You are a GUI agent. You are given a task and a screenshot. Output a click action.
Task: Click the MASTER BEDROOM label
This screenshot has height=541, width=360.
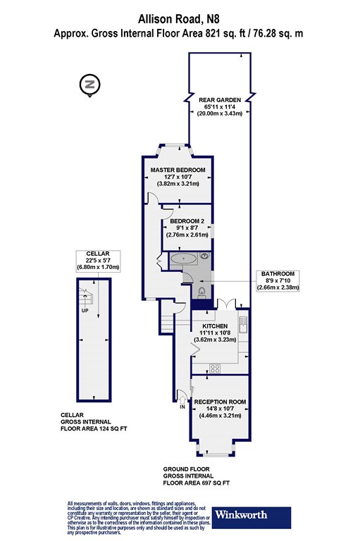[x=178, y=170]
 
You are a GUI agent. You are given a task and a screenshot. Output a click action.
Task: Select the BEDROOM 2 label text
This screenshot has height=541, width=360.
[x=187, y=220]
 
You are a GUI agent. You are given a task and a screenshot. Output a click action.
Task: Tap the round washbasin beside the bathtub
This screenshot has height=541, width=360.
[x=206, y=258]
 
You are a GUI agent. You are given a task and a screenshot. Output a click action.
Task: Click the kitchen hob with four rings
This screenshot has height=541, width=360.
[x=215, y=367]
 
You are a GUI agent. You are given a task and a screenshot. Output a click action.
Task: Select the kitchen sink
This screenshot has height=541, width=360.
[x=242, y=325]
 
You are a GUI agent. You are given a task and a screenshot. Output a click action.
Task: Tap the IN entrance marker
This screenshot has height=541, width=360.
[x=182, y=407]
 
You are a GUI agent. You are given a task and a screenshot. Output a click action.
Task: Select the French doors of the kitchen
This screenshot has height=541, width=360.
[x=225, y=304]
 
